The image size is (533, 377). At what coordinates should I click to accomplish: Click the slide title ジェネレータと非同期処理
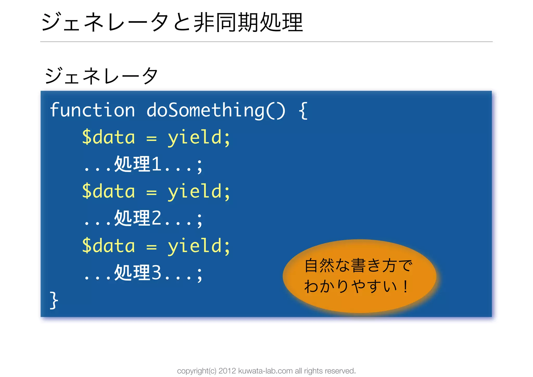click(x=172, y=22)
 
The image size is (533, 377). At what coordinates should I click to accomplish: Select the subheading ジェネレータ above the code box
click(x=101, y=76)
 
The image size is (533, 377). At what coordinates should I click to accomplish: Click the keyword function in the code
click(x=92, y=110)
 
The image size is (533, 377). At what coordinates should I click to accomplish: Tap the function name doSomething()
click(x=216, y=110)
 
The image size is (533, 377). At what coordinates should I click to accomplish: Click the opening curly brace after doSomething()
click(x=303, y=111)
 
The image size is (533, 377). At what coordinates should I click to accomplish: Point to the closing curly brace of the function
click(x=54, y=300)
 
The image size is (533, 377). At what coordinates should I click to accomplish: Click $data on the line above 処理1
click(x=109, y=137)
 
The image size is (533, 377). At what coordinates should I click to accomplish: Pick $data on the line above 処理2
click(x=109, y=191)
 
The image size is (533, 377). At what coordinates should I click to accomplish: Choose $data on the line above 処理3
click(x=109, y=246)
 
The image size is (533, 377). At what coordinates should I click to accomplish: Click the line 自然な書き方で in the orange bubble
click(x=358, y=266)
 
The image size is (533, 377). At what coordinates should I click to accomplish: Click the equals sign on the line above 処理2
click(x=151, y=193)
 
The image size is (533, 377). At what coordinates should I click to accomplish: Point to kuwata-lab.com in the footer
click(x=265, y=371)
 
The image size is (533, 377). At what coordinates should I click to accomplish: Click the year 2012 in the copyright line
click(x=227, y=371)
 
